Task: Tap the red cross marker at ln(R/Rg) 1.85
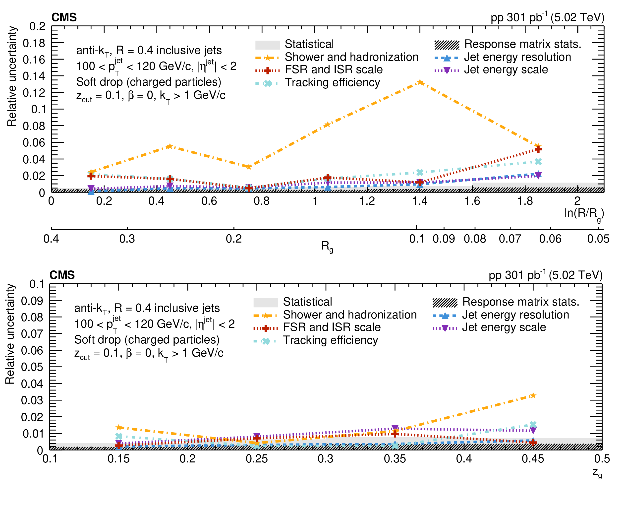coord(538,149)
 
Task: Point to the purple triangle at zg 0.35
coord(395,428)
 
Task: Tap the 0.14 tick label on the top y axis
coord(34,76)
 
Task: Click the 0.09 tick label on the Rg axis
coord(444,239)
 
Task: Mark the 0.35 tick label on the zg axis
coord(395,459)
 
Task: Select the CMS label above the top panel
coord(64,17)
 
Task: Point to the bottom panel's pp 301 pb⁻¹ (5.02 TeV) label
coord(545,275)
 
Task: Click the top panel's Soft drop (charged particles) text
coord(149,82)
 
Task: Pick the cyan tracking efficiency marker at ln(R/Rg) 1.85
coord(538,162)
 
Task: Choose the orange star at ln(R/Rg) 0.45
coord(169,146)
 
